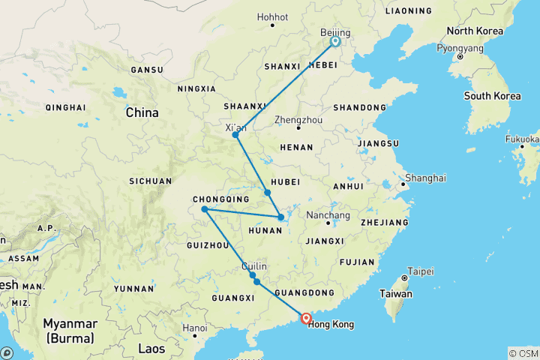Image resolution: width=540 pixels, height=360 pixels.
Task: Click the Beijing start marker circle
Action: [x=335, y=41]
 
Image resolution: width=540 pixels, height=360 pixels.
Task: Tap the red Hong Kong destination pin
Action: [x=306, y=318]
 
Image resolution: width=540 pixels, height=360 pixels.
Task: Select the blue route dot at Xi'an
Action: [x=235, y=135]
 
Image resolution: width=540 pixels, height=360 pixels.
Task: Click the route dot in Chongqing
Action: [x=205, y=209]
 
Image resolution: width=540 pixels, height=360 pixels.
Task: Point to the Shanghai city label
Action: [x=425, y=178]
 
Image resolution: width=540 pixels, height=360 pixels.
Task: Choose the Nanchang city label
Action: [x=328, y=215]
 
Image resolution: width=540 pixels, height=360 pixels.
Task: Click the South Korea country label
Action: [x=492, y=96]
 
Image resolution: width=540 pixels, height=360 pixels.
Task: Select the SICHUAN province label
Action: [x=150, y=181]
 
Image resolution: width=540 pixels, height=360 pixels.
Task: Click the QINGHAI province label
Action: [x=66, y=107]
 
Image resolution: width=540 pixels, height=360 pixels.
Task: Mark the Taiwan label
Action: [x=396, y=295]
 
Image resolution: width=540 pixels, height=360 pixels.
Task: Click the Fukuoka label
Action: [x=523, y=139]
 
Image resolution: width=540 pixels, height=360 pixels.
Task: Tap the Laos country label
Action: [x=152, y=348]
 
